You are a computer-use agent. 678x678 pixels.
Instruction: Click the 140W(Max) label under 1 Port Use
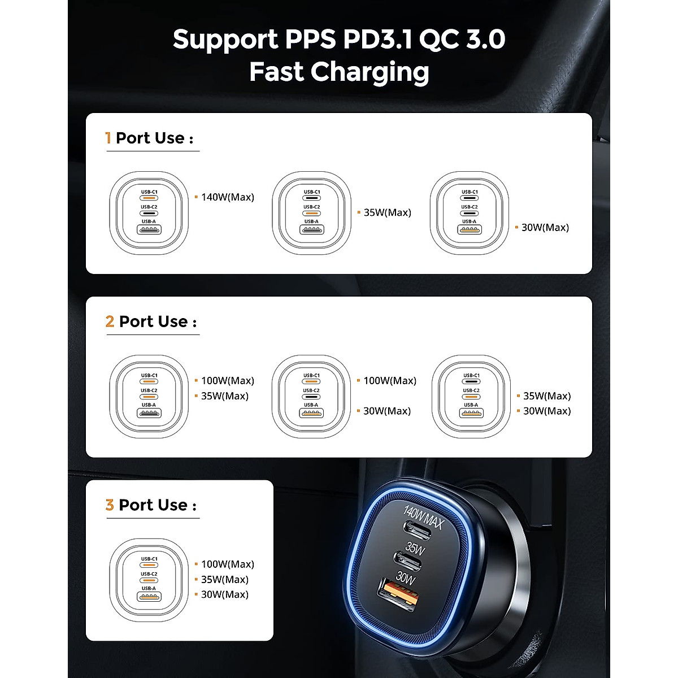228,197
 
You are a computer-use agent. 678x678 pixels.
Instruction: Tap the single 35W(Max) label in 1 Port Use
387,212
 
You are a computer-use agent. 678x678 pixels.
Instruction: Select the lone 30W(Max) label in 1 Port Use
545,228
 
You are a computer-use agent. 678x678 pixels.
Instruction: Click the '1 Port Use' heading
150,138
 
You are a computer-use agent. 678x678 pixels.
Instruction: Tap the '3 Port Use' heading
151,505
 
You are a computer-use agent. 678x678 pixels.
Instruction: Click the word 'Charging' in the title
370,72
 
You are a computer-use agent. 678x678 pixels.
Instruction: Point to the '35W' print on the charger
415,547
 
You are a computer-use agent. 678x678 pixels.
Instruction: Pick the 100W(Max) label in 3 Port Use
228,564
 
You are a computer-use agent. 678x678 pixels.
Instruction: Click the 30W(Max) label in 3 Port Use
225,594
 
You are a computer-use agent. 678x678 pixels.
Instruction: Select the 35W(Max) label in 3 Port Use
225,580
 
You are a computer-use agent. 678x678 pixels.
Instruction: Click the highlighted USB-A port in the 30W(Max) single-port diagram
470,230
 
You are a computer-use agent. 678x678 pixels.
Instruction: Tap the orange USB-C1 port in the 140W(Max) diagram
149,198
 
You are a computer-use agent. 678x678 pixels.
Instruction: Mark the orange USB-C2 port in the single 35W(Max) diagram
311,213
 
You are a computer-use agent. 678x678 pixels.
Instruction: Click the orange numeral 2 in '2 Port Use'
110,321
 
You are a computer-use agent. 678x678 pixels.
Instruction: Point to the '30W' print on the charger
406,577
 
